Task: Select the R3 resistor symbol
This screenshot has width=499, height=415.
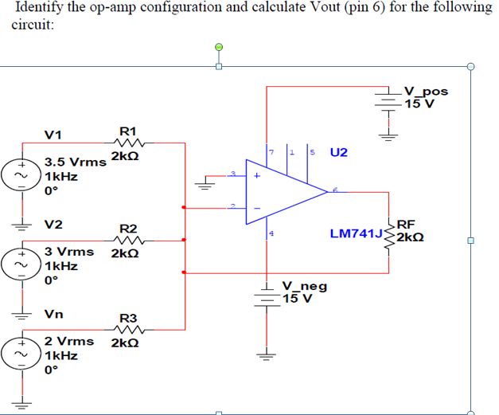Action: coord(128,330)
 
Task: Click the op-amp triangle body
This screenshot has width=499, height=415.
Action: coord(287,192)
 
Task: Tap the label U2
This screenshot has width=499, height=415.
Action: coord(338,152)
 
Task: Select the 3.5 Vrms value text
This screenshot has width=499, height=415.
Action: coord(76,161)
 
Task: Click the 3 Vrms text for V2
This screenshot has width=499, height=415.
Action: coord(69,252)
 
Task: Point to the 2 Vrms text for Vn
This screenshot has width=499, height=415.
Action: coord(69,341)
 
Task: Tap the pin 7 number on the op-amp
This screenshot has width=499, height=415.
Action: coord(271,151)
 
